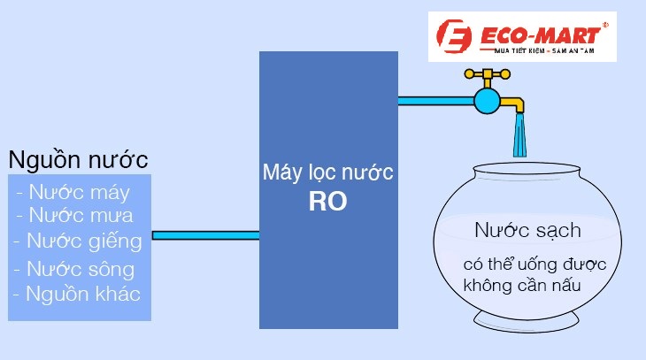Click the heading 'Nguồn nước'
pyautogui.click(x=78, y=161)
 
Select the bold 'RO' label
pyautogui.click(x=327, y=202)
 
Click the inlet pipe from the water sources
pyautogui.click(x=205, y=235)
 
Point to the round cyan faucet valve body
pyautogui.click(x=486, y=100)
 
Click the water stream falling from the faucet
pyautogui.click(x=520, y=136)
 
